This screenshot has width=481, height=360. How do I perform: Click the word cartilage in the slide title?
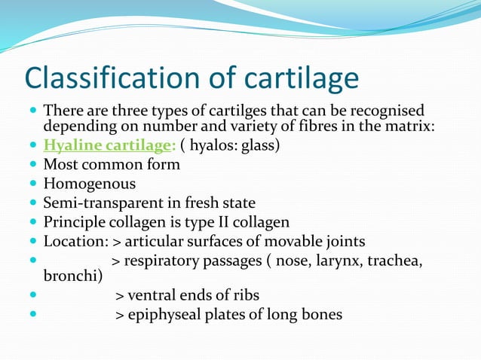pyautogui.click(x=293, y=78)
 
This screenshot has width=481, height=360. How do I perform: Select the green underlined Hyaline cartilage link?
pyautogui.click(x=109, y=145)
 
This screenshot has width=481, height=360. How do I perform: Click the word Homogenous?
pyautogui.click(x=90, y=183)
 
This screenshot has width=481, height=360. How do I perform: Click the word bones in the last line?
pyautogui.click(x=322, y=314)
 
